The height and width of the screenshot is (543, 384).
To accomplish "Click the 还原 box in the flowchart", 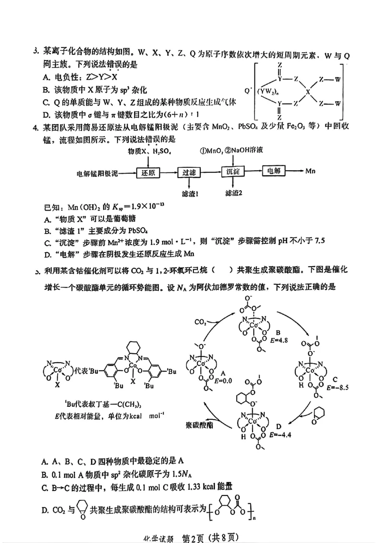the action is pos(148,172).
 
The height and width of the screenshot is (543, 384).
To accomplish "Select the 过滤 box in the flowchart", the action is pos(190,172).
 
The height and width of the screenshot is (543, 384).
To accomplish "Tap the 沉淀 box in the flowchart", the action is pos(234,172).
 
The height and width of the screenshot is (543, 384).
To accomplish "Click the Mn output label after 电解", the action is pos(311,171).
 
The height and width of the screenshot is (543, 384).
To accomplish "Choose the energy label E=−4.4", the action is pos(281,435).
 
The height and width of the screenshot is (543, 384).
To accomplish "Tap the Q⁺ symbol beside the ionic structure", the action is pos(248,90).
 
